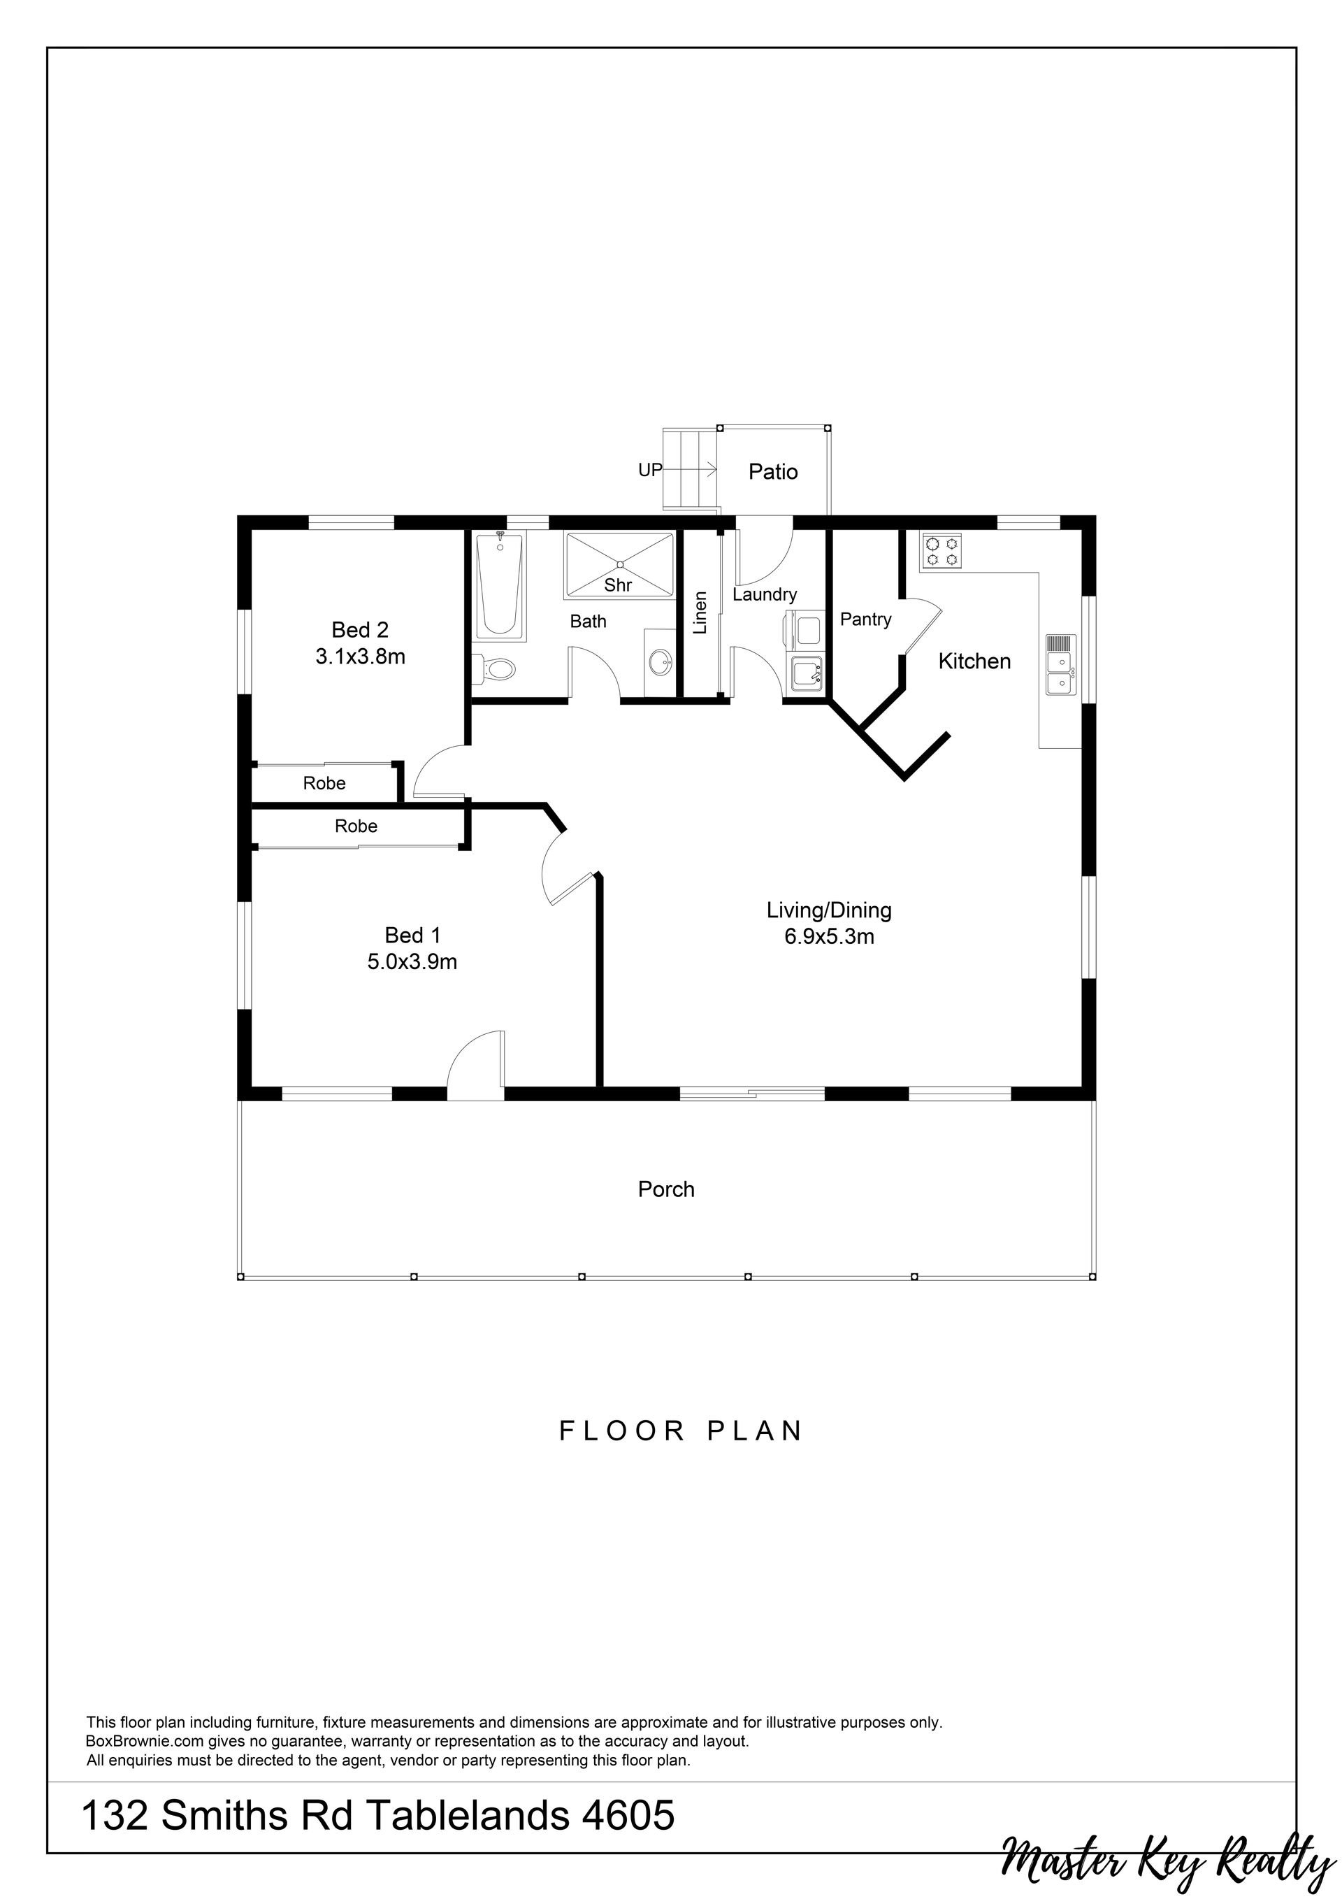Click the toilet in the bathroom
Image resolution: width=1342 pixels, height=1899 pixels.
point(493,668)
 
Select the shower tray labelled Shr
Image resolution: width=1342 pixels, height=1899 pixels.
point(619,564)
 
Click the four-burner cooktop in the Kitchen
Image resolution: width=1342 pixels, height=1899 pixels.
point(941,552)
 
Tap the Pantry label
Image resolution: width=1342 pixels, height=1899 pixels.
point(866,619)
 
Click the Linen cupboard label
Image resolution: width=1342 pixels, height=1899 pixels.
point(700,612)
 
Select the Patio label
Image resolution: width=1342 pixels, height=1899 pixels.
point(773,471)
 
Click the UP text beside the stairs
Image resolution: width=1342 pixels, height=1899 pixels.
point(650,470)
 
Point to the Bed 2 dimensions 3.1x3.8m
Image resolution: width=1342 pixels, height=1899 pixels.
point(361,657)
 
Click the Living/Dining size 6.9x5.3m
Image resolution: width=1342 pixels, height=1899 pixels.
point(830,937)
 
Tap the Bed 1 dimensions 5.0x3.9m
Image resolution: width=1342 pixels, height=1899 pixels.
point(412,962)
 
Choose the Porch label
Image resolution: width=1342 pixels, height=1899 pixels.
point(666,1189)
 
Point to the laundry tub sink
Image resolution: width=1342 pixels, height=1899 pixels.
point(806,673)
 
